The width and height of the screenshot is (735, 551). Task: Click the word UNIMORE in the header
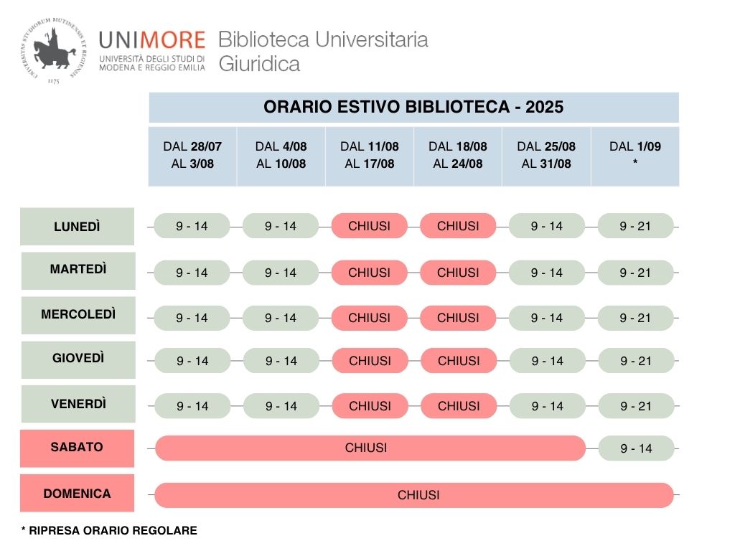click(x=152, y=40)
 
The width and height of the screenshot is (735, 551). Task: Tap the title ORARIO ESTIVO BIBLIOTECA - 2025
click(x=413, y=108)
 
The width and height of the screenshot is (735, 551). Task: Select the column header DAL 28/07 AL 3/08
click(x=192, y=155)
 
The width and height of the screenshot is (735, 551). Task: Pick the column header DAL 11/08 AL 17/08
click(x=370, y=155)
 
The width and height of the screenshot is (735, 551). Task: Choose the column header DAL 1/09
click(x=635, y=155)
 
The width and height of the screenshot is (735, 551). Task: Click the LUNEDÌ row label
click(x=77, y=227)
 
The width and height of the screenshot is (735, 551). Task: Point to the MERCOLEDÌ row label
click(x=78, y=314)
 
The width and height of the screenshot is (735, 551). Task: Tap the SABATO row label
click(x=77, y=447)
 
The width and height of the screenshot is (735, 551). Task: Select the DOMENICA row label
click(x=77, y=494)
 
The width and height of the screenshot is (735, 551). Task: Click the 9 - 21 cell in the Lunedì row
click(x=635, y=226)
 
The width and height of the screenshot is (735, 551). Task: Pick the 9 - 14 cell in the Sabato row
click(x=636, y=448)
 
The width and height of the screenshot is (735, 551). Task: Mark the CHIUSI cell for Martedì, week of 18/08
click(x=458, y=273)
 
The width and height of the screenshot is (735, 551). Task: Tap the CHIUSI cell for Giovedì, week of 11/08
click(x=370, y=361)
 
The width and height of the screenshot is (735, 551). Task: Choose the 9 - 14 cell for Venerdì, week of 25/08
click(x=547, y=406)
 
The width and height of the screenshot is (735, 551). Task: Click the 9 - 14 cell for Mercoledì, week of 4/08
click(x=281, y=318)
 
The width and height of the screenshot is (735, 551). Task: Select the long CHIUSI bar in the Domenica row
click(x=414, y=495)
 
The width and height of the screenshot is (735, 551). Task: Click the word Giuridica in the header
click(x=259, y=64)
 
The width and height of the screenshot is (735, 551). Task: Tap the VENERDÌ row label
click(x=78, y=404)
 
